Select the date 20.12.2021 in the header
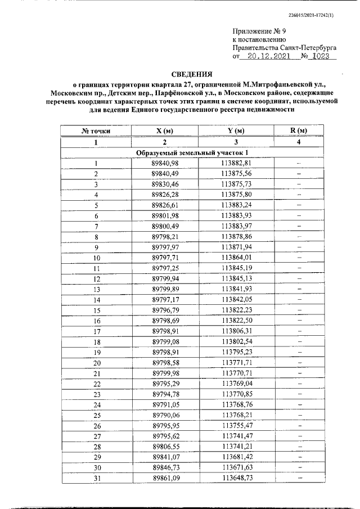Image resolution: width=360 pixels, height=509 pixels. [x=269, y=57]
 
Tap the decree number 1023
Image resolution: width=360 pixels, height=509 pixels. [x=323, y=57]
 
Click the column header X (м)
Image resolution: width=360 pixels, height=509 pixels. [x=164, y=131]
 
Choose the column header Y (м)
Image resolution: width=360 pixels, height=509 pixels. [x=236, y=131]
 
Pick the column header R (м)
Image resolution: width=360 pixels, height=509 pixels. [x=299, y=131]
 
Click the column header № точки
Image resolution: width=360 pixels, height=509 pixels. [x=96, y=131]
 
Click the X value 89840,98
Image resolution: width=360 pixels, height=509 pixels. [x=164, y=163]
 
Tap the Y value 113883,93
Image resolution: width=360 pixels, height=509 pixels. [x=236, y=216]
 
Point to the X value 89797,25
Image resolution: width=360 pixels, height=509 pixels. [x=164, y=268]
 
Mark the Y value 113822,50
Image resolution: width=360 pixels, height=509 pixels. [x=236, y=321]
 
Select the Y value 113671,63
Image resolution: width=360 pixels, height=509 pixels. [x=236, y=467]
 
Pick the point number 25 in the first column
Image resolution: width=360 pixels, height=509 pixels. [x=96, y=415]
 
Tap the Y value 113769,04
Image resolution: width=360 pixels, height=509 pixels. [x=236, y=383]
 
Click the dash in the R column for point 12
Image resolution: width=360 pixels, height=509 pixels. [x=299, y=278]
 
